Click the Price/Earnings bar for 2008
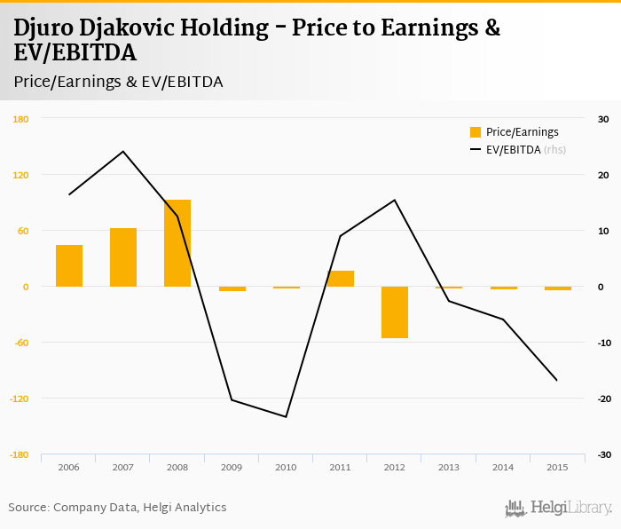177,243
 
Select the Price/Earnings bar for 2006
69,265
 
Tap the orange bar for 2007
123,257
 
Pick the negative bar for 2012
395,312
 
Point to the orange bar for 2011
341,279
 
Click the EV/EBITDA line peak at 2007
123,151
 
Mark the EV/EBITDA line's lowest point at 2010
287,417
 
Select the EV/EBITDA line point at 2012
395,200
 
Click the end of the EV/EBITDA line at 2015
557,381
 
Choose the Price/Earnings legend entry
515,132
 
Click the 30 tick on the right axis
603,119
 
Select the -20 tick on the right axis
603,399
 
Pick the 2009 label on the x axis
232,467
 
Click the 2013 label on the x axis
449,467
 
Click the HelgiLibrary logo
559,509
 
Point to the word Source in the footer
28,508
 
